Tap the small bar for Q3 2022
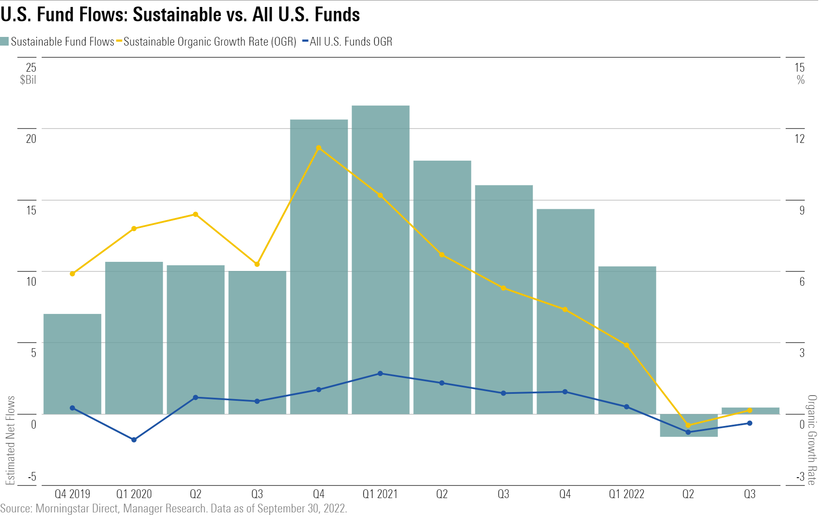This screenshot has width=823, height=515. click(x=750, y=411)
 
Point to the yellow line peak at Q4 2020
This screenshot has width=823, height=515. click(x=319, y=148)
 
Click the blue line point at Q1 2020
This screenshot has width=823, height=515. click(x=134, y=440)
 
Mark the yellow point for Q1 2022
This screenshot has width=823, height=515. click(x=626, y=345)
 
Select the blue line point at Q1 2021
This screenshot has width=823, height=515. click(x=380, y=373)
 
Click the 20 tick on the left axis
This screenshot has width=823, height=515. click(x=31, y=139)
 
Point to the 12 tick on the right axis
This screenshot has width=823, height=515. click(x=799, y=139)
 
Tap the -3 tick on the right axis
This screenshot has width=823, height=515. click(x=800, y=477)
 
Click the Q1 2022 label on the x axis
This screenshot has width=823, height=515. click(x=626, y=494)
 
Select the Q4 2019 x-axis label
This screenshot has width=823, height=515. click(x=72, y=494)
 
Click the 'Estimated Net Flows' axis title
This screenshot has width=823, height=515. click(x=10, y=439)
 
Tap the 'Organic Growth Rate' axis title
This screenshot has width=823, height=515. click(x=812, y=439)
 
